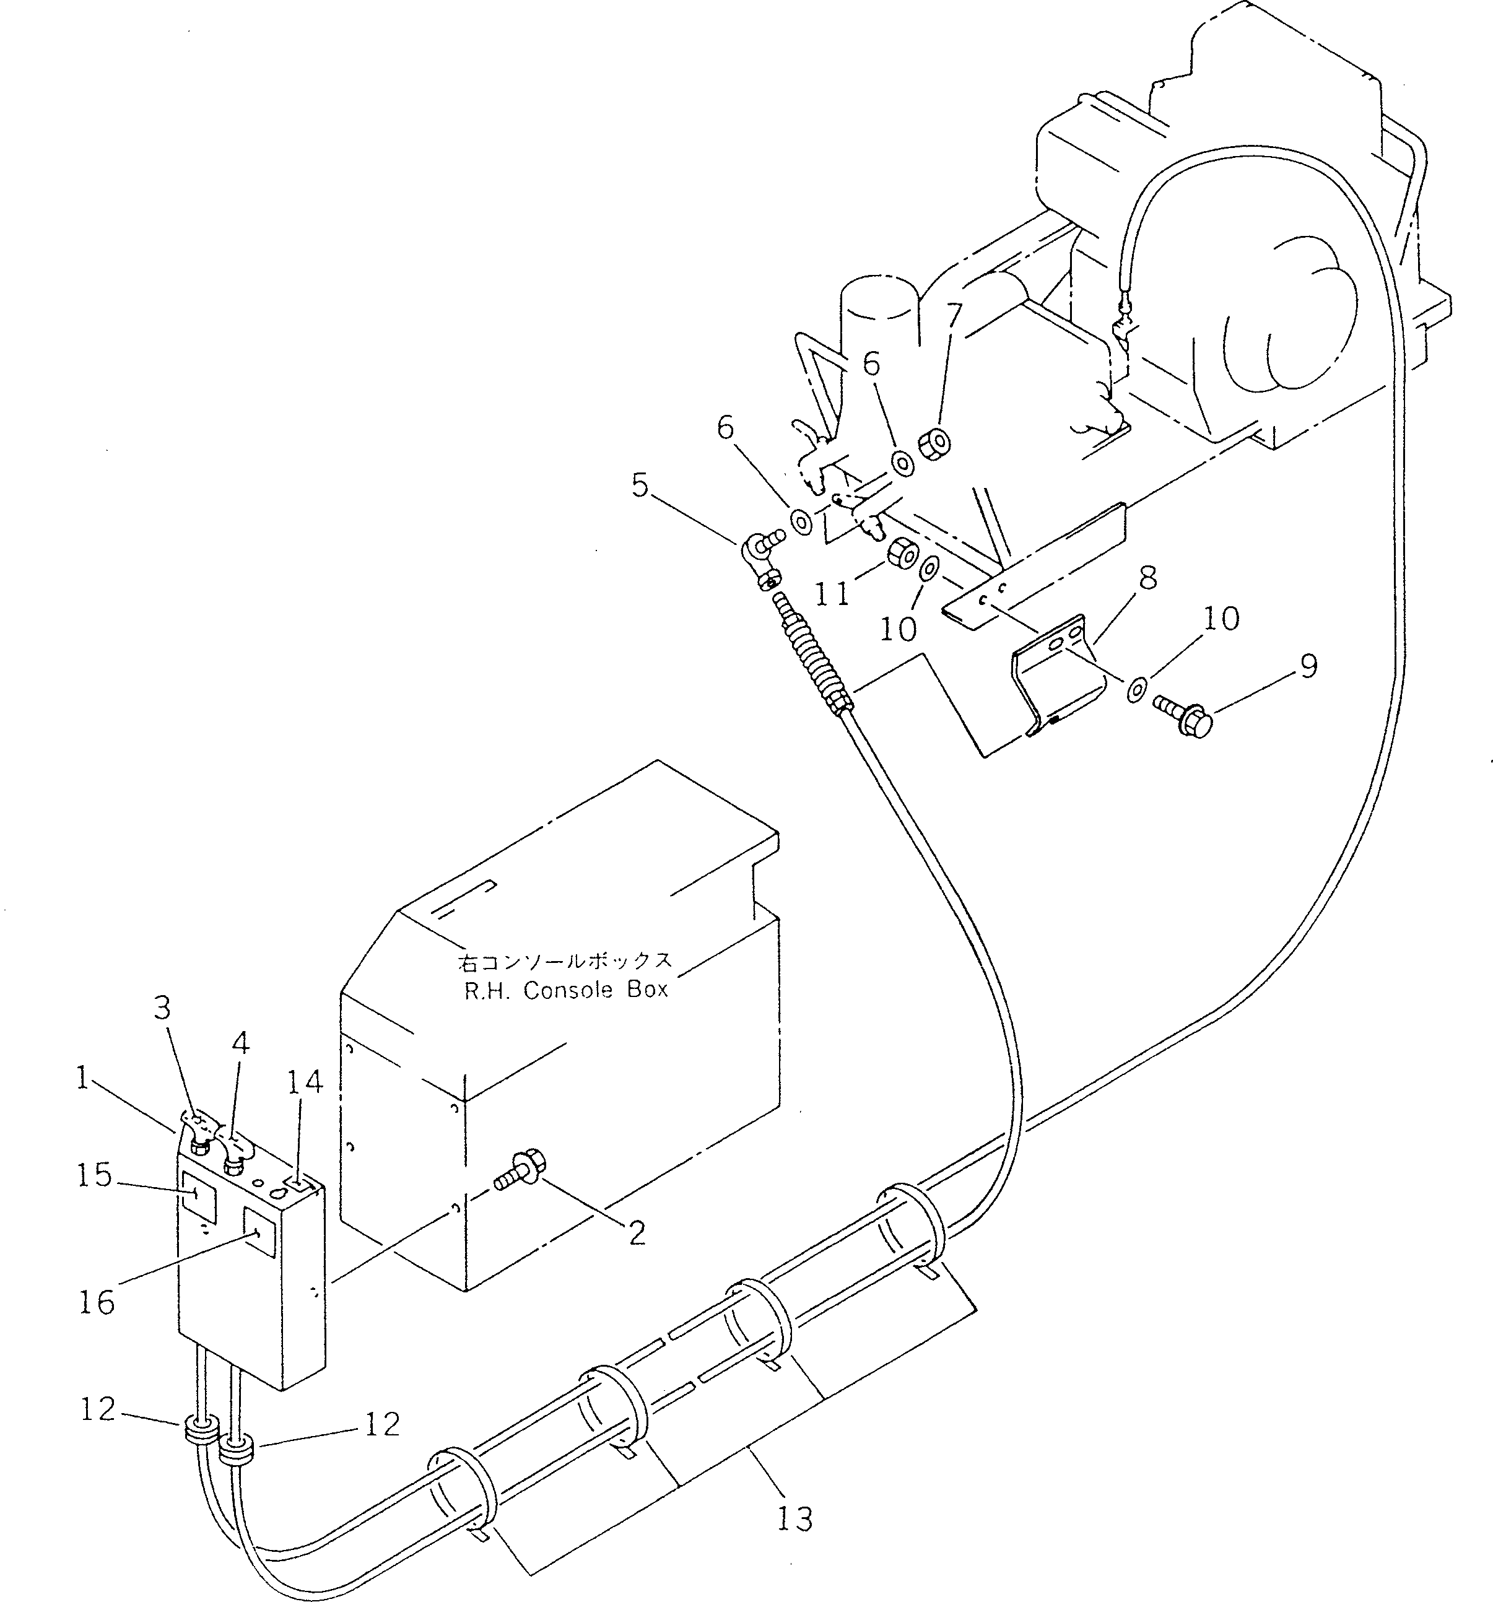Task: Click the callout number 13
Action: point(794,1519)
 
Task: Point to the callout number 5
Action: point(639,486)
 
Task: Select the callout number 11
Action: point(832,594)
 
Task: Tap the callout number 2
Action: point(637,1233)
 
